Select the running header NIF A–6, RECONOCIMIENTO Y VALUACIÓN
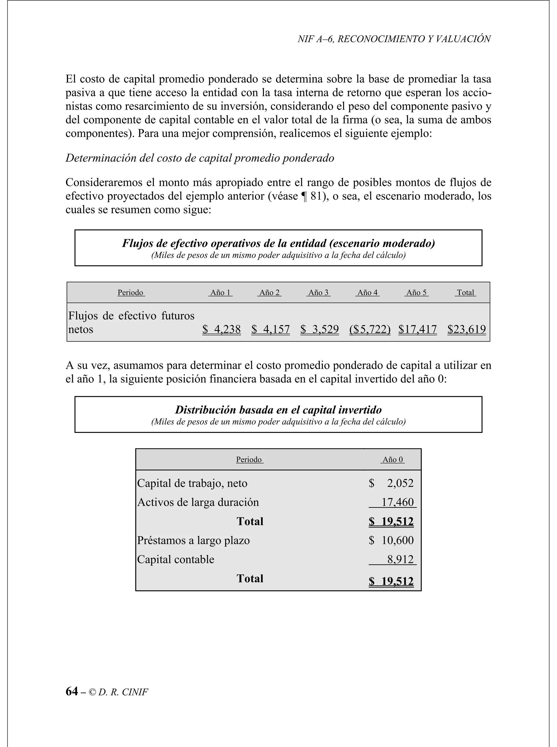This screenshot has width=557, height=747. point(394,39)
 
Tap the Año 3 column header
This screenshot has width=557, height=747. point(318,293)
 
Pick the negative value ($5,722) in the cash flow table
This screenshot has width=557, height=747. point(370,329)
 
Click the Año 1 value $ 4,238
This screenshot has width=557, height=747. point(221,329)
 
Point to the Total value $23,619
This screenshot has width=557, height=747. point(467,329)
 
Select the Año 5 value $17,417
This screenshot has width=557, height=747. point(417,329)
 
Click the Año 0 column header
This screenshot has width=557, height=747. point(392,460)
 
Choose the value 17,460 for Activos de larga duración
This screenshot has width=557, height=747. point(397,502)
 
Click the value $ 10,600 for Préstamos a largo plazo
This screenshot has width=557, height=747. point(391,540)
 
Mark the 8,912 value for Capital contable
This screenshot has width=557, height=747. point(400,559)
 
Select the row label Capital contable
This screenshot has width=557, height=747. point(176,559)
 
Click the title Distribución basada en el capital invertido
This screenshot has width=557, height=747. point(278,410)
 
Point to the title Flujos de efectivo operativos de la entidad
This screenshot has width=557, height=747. point(278,243)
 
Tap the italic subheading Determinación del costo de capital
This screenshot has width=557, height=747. point(200,158)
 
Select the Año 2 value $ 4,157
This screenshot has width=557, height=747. point(270,329)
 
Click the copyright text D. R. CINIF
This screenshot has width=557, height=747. point(123,692)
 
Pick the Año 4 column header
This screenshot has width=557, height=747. point(367,293)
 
